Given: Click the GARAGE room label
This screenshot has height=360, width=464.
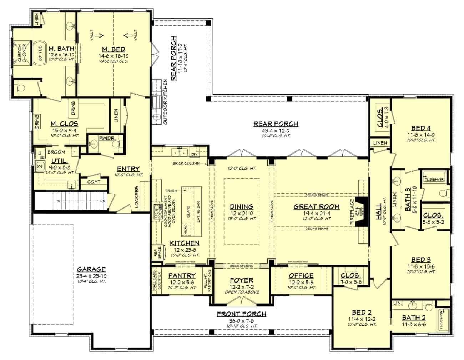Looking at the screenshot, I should point(91,269).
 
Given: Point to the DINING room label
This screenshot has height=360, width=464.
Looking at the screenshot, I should point(242,206).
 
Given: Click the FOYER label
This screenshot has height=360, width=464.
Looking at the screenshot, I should point(242,280).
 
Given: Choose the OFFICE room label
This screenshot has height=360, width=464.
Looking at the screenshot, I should point(301,275).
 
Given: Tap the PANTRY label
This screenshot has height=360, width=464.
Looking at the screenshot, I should point(182,275).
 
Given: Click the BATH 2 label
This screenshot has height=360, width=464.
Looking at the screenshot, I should point(414,317).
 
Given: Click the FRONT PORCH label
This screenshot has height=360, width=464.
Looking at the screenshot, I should point(242,314).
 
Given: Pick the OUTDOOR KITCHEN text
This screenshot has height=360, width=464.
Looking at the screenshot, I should point(165,102).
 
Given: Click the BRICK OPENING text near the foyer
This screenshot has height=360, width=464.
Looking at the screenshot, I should point(242,266).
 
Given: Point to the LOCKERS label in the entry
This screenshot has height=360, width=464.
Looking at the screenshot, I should point(137,197).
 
